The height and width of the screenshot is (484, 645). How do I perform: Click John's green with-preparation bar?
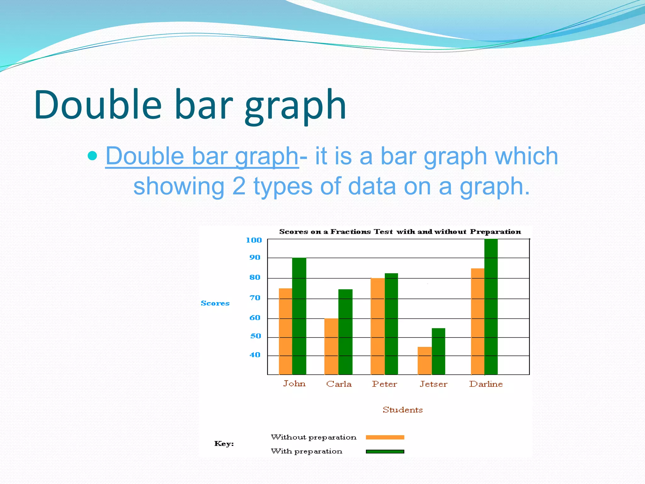(x=299, y=316)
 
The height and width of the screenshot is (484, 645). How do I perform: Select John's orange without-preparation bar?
(x=285, y=331)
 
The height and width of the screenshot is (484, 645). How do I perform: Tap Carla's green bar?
(x=345, y=331)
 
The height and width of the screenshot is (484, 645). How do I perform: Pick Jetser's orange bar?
(x=424, y=360)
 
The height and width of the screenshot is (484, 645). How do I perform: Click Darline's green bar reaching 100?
(x=491, y=307)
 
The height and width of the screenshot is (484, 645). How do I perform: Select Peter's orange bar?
(x=377, y=326)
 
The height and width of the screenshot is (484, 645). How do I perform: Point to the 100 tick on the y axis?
(x=254, y=240)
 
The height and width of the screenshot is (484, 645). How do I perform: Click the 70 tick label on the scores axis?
(x=255, y=298)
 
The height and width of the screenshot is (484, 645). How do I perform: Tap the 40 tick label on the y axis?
(x=255, y=355)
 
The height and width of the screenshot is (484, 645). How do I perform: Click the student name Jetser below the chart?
(x=433, y=384)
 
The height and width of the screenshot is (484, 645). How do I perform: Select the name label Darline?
(x=486, y=384)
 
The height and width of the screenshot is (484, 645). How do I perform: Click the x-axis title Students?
(x=402, y=410)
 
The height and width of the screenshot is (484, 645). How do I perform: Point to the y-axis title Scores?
(x=215, y=303)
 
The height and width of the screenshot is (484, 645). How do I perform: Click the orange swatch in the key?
(x=385, y=437)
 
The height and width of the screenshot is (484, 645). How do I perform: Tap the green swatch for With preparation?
(x=385, y=452)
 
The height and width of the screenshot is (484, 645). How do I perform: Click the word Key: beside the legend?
(x=224, y=444)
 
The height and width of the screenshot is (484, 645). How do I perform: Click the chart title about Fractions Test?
(x=400, y=232)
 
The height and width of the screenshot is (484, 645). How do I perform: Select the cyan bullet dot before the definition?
(x=92, y=156)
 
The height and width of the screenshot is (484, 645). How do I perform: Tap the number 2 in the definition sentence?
(x=239, y=186)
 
